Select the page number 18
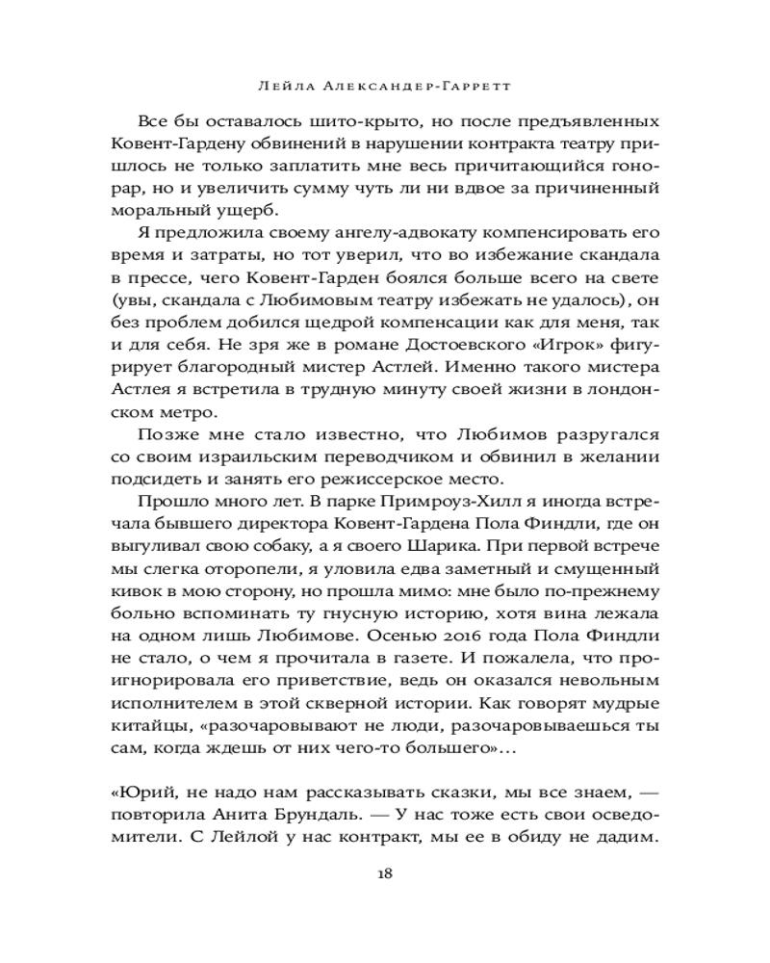point(384,873)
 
